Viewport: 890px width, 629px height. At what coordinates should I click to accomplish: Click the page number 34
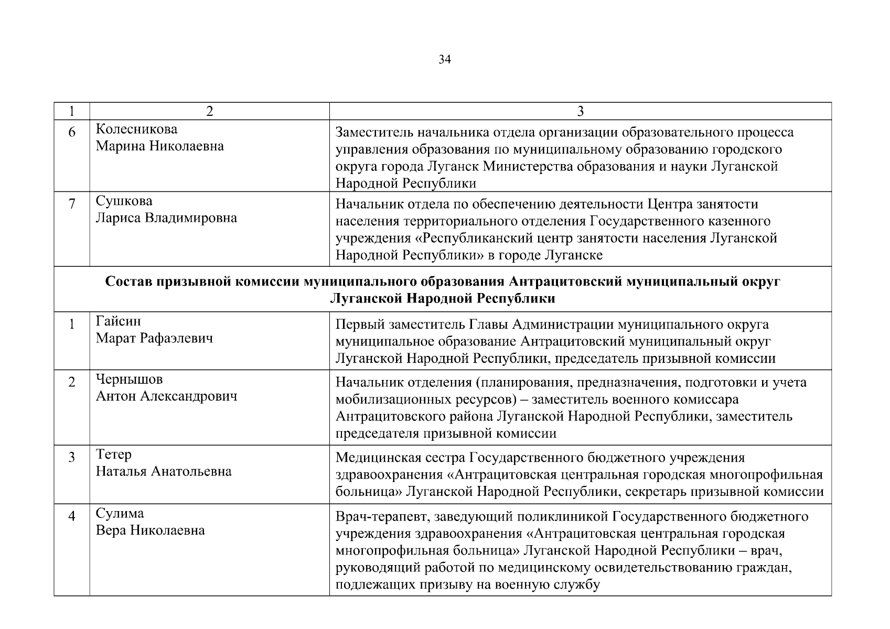pos(444,60)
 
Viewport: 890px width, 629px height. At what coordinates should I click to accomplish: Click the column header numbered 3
pos(580,111)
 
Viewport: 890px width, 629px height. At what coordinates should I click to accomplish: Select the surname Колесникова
pos(136,129)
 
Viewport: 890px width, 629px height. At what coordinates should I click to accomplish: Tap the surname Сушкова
pos(124,201)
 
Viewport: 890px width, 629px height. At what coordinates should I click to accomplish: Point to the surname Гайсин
pos(118,321)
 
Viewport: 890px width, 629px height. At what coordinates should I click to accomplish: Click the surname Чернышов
pos(129,379)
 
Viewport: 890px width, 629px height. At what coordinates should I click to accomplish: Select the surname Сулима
pos(120,513)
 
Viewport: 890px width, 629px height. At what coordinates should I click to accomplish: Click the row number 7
pos(72,203)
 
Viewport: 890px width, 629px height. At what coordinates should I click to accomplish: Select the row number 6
pos(72,132)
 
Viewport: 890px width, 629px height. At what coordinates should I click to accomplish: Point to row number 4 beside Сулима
pos(72,516)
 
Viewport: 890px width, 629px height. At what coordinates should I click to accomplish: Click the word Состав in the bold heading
pos(127,281)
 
